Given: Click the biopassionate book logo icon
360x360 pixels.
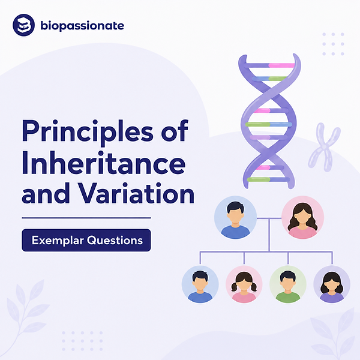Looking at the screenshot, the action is tap(23, 25).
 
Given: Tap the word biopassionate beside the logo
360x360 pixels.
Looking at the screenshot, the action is tap(82, 26).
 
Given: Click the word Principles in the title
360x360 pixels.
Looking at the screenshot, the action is tap(88, 132).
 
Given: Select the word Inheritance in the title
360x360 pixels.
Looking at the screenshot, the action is tap(104, 163).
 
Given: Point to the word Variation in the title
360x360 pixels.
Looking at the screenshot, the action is tap(137, 193).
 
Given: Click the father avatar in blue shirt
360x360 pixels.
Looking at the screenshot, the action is tap(235, 217).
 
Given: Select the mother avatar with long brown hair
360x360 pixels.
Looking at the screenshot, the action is tap(302, 217).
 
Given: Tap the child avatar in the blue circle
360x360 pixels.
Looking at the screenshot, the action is tap(200, 284).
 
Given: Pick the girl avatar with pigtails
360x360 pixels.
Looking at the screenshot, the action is tap(244, 284).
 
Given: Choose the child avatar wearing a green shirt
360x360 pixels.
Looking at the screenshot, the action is tap(288, 284).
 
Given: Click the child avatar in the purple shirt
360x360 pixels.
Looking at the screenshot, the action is tap(332, 284).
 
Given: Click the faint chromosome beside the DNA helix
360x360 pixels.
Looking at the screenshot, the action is tap(324, 147).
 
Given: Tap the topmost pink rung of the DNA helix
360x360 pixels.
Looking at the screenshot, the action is tap(281, 65).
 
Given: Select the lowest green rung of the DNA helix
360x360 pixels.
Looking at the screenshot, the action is tap(258, 179).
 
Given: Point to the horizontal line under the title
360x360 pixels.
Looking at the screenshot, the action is tap(86, 218).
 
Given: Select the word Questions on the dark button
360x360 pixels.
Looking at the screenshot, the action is tap(115, 241).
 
